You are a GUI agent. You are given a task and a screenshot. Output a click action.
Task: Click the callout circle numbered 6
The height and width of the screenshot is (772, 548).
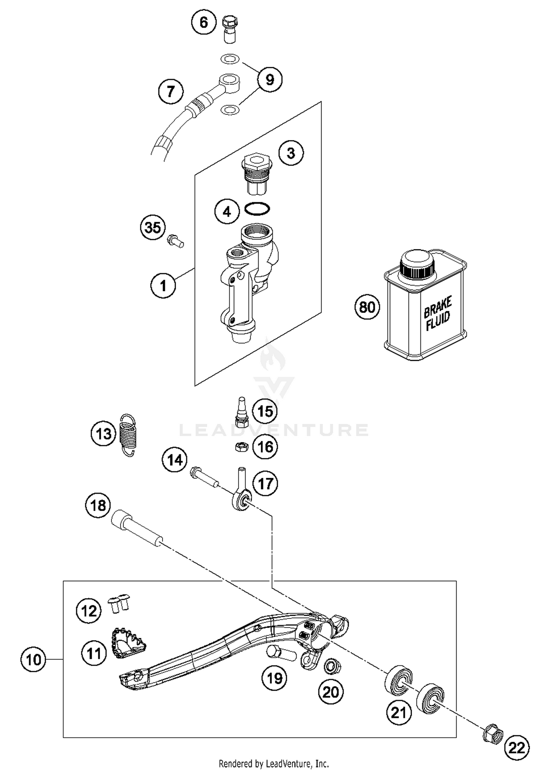click(x=203, y=22)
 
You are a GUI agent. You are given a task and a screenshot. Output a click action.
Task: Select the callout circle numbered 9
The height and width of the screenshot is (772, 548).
click(x=270, y=79)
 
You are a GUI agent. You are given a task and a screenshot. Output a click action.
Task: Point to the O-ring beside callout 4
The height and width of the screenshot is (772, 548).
click(x=258, y=209)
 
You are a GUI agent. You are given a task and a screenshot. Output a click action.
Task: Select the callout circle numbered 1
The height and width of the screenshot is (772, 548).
click(x=163, y=285)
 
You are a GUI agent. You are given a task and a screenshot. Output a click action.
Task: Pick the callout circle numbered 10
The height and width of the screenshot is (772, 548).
click(x=34, y=660)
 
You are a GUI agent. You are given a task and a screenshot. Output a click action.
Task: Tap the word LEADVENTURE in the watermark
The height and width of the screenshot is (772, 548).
click(x=274, y=430)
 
